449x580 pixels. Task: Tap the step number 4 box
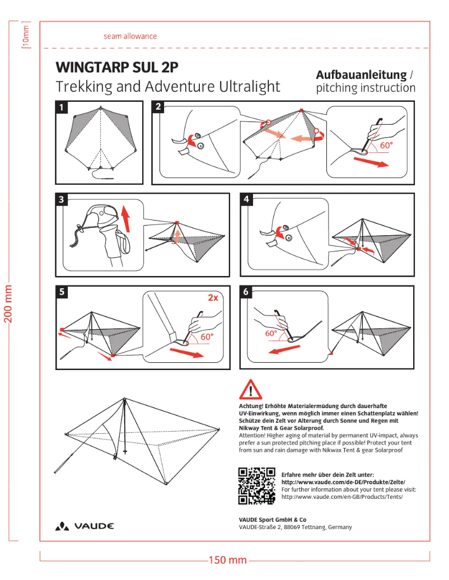coord(247,199)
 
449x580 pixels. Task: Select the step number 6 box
coord(247,292)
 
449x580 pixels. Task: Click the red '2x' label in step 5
coord(213,298)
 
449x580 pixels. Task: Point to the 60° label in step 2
coord(386,145)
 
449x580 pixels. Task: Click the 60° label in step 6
coord(272,333)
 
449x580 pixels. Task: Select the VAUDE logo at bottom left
coord(85,526)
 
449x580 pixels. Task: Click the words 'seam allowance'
coord(130,36)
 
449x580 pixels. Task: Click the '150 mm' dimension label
coord(228,560)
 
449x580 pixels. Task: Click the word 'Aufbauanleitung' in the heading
coord(361,74)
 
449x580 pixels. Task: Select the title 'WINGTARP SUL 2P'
coord(117,68)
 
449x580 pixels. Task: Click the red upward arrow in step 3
coord(126,219)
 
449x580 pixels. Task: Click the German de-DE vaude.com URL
coord(343,482)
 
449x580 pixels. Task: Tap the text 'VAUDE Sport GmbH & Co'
coord(272,520)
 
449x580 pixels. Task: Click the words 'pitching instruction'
coord(366,88)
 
